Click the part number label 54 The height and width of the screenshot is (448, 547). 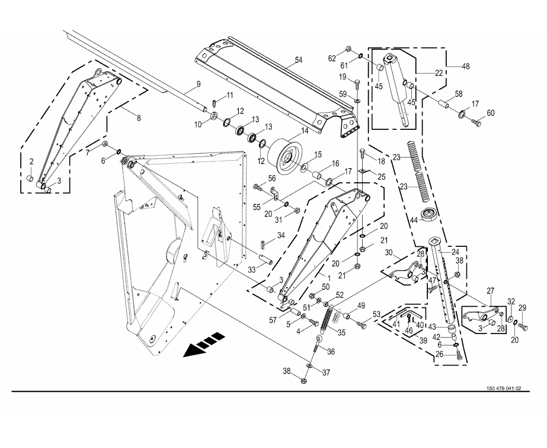tap(298, 60)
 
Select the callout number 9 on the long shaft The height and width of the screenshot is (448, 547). tap(199, 84)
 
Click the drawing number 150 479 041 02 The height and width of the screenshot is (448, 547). tap(504, 388)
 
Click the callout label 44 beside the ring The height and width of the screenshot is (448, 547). tap(414, 220)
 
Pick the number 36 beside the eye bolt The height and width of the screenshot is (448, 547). tap(331, 351)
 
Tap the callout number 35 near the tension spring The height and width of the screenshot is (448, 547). tap(341, 332)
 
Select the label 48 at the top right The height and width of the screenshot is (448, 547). tap(466, 66)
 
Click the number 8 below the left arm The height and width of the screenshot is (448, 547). tap(139, 118)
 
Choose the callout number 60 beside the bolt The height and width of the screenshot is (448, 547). tap(491, 113)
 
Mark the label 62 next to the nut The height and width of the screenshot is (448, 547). tap(332, 58)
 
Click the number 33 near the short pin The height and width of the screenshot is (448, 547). tap(252, 269)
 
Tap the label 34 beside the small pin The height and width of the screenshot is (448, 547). tap(281, 236)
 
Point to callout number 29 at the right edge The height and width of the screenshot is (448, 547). tap(522, 307)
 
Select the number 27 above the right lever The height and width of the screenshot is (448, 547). tap(491, 291)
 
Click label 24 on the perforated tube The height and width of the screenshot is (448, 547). tap(456, 252)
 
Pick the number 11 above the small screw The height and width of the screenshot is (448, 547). tap(229, 95)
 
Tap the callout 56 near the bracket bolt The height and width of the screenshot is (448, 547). tap(272, 179)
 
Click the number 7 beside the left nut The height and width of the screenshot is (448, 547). tap(88, 152)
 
